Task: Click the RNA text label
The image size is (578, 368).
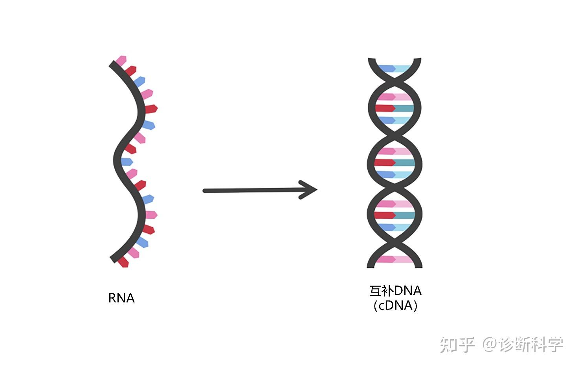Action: click(x=121, y=298)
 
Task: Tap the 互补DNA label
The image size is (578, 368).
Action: click(x=395, y=291)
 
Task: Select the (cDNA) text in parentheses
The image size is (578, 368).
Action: click(x=395, y=306)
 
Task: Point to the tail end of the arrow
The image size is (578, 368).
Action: click(x=205, y=191)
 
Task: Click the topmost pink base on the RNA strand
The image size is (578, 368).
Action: click(x=121, y=61)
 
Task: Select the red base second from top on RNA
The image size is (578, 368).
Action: click(x=130, y=71)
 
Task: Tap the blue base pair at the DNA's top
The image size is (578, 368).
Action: click(x=395, y=69)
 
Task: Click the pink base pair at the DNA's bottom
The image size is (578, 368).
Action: click(x=395, y=259)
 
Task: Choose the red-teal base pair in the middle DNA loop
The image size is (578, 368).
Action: click(x=395, y=162)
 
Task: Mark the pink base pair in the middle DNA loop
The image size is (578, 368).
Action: click(x=395, y=151)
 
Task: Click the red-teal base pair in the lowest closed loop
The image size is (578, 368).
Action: click(x=395, y=215)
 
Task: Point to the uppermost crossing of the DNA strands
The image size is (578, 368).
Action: click(x=395, y=82)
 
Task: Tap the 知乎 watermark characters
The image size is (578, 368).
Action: click(x=457, y=345)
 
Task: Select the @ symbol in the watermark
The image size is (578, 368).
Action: click(x=490, y=344)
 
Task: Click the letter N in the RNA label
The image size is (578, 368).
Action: click(x=121, y=298)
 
